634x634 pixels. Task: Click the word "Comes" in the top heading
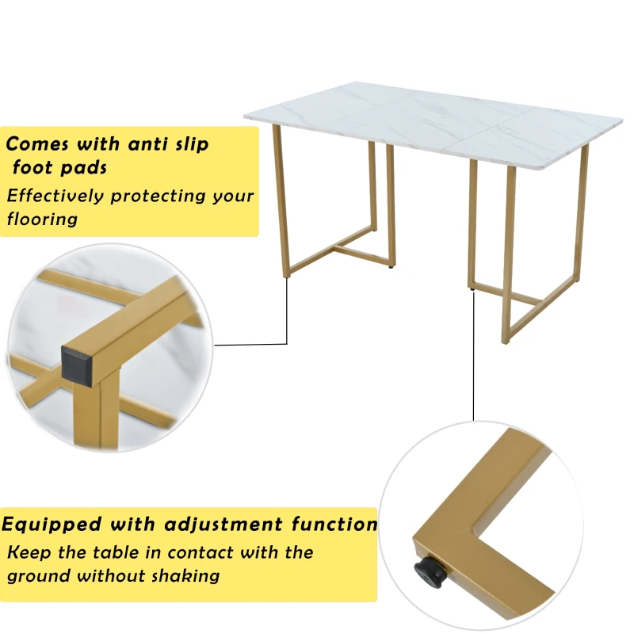(x=36, y=144)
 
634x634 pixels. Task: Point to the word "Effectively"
(x=55, y=196)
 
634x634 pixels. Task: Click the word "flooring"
(x=42, y=220)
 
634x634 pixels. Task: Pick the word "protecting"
(x=158, y=197)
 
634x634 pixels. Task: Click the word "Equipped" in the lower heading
(x=52, y=525)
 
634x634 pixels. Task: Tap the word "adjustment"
(x=223, y=525)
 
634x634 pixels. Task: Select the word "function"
(x=334, y=524)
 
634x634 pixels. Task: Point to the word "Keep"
(x=29, y=552)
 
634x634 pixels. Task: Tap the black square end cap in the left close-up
(x=77, y=365)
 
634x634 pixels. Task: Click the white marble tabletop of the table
(x=433, y=121)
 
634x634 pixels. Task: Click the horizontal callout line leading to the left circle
(x=250, y=345)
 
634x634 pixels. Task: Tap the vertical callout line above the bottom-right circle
(x=473, y=356)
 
